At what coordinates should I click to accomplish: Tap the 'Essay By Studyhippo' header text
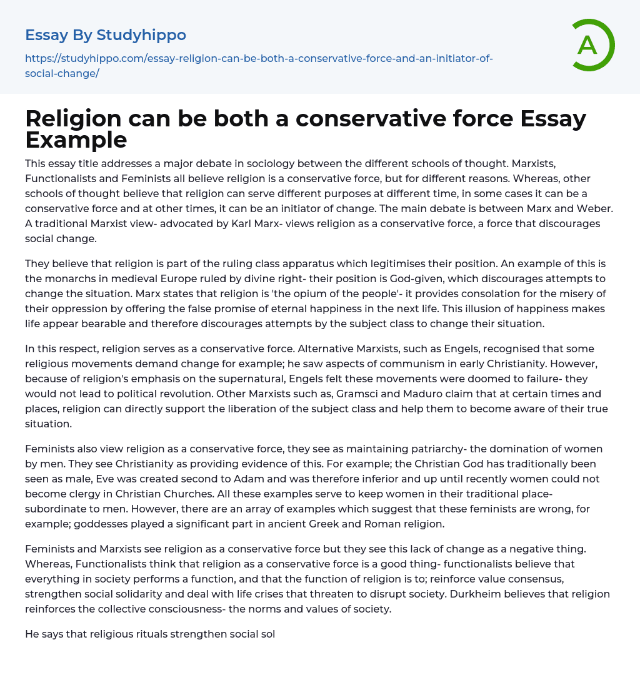pyautogui.click(x=106, y=34)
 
